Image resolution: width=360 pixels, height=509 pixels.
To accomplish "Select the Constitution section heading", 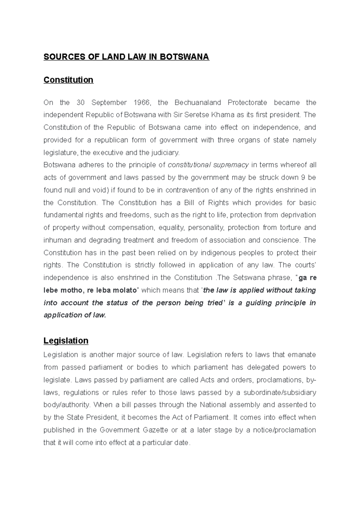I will [68, 80].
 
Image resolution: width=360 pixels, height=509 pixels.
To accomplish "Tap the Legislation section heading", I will [66, 341].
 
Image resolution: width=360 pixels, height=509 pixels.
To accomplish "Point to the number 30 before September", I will [81, 103].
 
